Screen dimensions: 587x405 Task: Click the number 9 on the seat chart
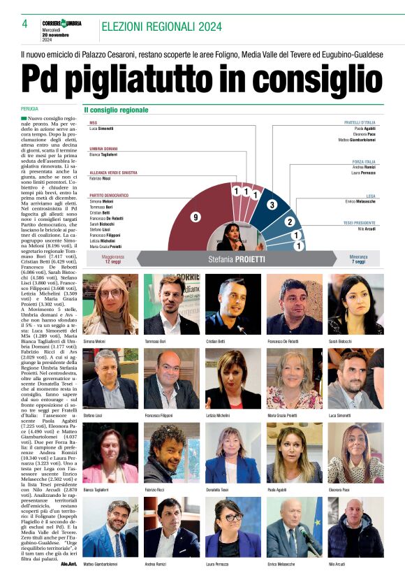pos(196,218)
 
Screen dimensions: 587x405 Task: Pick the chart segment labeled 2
pos(289,222)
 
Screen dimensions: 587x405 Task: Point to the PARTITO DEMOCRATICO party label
pos(109,195)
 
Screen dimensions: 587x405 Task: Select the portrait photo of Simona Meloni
pos(110,305)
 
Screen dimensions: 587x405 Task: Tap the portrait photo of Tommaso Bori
pos(171,305)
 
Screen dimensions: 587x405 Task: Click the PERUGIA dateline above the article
pos(29,110)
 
